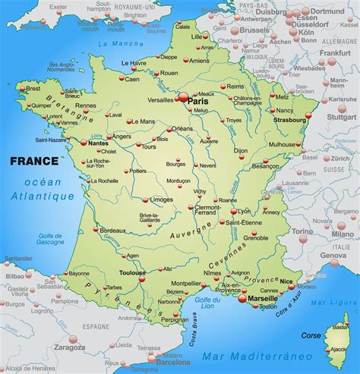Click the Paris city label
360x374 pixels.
click(x=198, y=100)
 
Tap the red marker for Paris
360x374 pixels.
click(x=183, y=96)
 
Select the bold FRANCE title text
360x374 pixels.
click(x=33, y=161)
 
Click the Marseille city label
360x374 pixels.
click(x=263, y=299)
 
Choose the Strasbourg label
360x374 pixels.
click(x=291, y=119)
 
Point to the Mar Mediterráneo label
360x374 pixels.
click(x=251, y=354)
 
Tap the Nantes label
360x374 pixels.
click(x=99, y=143)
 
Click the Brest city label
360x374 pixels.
click(x=33, y=88)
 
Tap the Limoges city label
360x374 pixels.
click(x=161, y=199)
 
